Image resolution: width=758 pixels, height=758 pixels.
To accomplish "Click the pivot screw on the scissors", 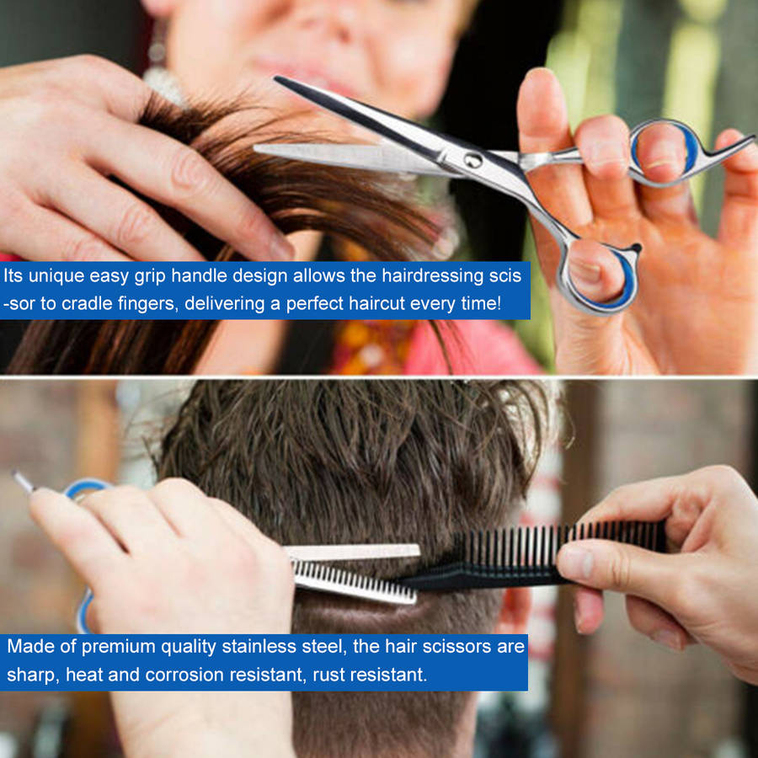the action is point(472,159).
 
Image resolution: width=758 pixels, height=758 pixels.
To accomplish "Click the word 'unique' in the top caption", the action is point(56,276).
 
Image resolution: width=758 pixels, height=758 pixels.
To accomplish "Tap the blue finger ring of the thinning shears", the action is point(83,489).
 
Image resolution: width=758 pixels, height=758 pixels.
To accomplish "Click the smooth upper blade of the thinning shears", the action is point(353,552).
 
